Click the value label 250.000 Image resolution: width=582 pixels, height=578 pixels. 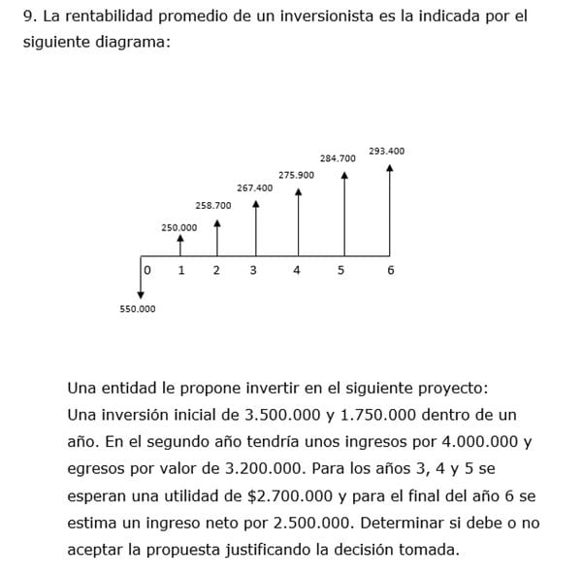click(178, 227)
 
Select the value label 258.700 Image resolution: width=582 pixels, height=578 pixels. click(212, 206)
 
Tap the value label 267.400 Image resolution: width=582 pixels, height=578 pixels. click(254, 187)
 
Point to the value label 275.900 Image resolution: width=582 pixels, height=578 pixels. click(296, 175)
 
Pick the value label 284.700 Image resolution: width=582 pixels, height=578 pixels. click(338, 157)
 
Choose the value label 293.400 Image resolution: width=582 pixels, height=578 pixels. click(387, 151)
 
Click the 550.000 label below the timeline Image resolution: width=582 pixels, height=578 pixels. click(137, 309)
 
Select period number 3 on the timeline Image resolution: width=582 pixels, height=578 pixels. click(253, 270)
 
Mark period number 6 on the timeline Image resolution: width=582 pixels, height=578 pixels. click(390, 270)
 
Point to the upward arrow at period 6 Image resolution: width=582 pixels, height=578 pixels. click(390, 209)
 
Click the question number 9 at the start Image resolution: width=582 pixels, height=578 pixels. click(28, 17)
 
